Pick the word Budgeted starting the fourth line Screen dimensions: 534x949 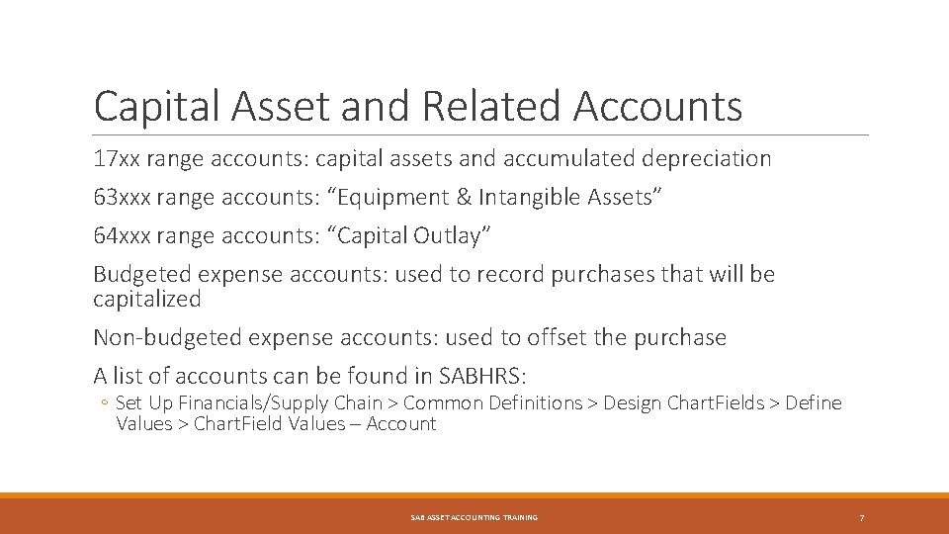coord(138,274)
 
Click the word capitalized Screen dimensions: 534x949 coord(146,299)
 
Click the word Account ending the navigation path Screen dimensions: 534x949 coord(400,423)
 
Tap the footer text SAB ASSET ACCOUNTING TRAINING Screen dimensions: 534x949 coord(474,517)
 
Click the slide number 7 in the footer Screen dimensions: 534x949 coord(862,517)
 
